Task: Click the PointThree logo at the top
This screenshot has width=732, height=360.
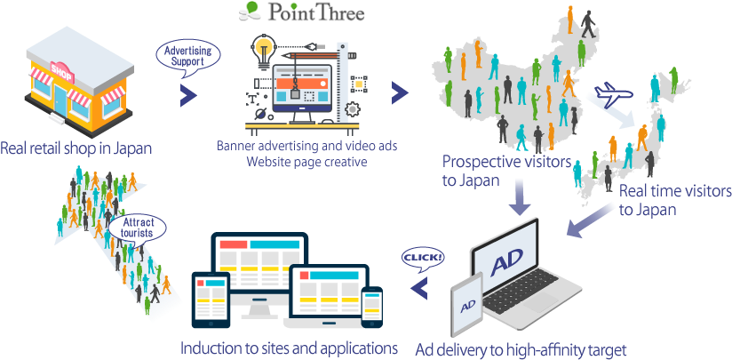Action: click(x=302, y=12)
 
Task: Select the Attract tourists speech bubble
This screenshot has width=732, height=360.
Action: click(x=138, y=227)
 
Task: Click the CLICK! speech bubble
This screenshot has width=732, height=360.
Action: click(x=424, y=258)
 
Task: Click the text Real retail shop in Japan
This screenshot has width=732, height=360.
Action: click(x=76, y=148)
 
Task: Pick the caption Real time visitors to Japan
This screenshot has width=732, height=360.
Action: click(x=674, y=201)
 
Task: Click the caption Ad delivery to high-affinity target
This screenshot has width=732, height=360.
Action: click(x=521, y=348)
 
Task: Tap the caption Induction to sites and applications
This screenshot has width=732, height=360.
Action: click(x=289, y=348)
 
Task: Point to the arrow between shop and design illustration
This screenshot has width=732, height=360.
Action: click(x=189, y=94)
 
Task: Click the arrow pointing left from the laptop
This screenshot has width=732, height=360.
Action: click(x=418, y=285)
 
